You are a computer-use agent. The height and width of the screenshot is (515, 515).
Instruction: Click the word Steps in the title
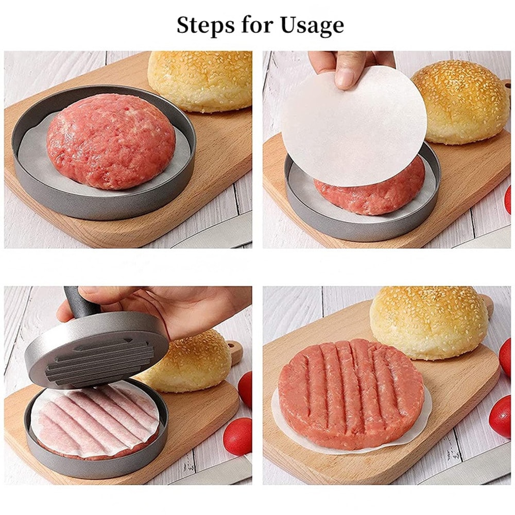point(203,25)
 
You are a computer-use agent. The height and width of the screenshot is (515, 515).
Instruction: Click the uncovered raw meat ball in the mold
point(111,140)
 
